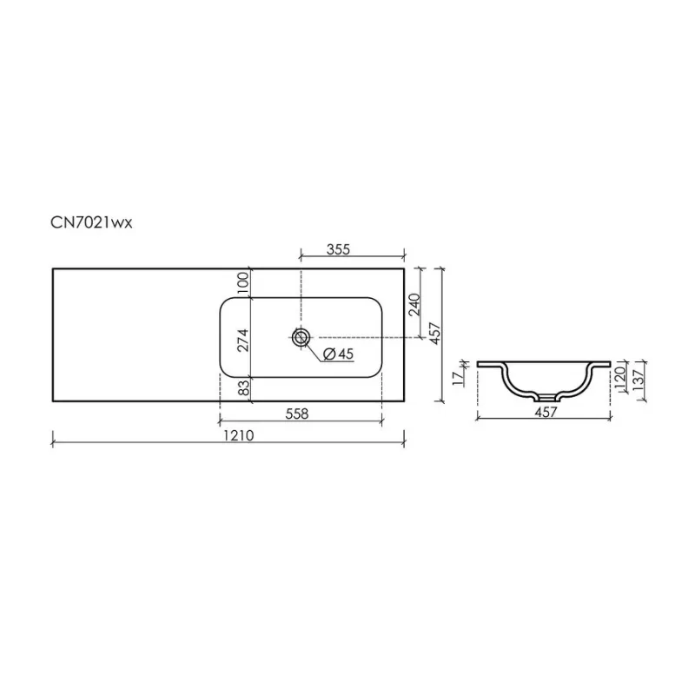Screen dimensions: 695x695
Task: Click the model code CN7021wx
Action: click(91, 222)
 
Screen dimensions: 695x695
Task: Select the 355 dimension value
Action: click(338, 249)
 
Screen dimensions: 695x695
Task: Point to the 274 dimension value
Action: click(243, 341)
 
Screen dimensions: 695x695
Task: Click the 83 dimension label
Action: click(243, 389)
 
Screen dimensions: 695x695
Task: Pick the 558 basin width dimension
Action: click(297, 414)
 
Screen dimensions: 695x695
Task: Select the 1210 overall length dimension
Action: click(238, 436)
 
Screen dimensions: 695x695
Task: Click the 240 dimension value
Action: click(414, 304)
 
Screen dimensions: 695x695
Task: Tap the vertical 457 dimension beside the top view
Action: click(436, 334)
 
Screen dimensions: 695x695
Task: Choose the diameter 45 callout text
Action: click(338, 354)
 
